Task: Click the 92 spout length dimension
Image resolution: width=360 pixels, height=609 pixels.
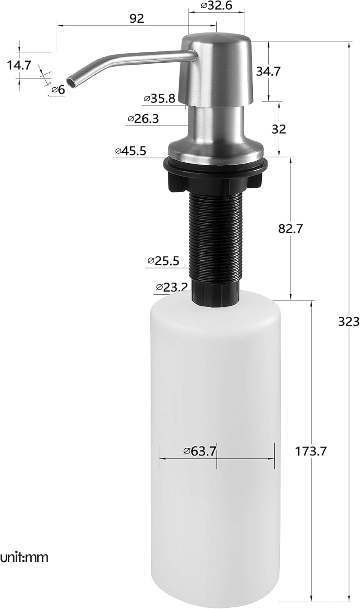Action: (x=137, y=18)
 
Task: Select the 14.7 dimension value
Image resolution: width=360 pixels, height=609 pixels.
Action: (x=19, y=65)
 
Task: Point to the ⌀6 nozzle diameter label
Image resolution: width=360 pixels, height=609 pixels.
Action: (x=58, y=90)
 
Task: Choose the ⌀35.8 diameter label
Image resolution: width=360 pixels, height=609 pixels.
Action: (x=160, y=98)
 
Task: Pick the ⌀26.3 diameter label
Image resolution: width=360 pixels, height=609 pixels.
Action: (x=143, y=119)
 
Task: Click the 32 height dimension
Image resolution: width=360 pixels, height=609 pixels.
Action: (x=278, y=129)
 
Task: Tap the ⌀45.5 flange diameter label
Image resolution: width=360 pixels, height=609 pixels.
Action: (x=130, y=151)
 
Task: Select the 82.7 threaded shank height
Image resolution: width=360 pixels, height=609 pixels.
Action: (x=290, y=229)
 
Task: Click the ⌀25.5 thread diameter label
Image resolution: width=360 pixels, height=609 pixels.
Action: (x=163, y=261)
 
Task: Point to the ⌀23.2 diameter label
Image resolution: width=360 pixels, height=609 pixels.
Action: (x=171, y=287)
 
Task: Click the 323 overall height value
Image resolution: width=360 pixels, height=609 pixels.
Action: (x=349, y=322)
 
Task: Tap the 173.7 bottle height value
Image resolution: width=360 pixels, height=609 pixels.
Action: (x=311, y=451)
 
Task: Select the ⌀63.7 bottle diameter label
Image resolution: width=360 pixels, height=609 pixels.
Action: (x=199, y=451)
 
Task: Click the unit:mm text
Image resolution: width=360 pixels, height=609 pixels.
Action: (x=24, y=557)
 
